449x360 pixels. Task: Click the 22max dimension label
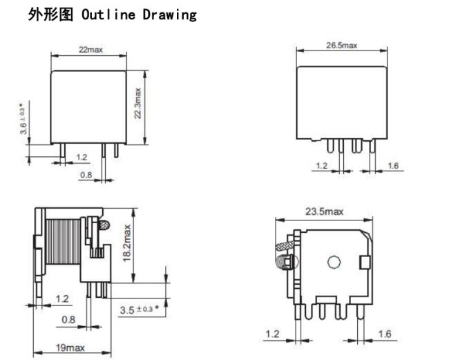[x=90, y=50]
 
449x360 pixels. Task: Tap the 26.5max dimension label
[x=342, y=45]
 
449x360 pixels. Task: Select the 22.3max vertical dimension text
[x=137, y=104]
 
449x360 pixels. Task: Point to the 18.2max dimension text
[x=126, y=243]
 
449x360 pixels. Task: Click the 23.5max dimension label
[x=324, y=211]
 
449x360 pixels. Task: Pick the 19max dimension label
[x=70, y=348]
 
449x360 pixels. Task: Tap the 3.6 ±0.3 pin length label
[x=23, y=119]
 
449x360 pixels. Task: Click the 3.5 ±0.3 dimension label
[x=140, y=310]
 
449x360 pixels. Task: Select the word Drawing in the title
[x=170, y=15]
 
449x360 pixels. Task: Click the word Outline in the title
[x=108, y=15]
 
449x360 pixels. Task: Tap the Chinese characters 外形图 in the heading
[x=50, y=15]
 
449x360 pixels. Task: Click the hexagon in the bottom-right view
[x=334, y=262]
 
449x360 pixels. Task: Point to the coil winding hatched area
[x=63, y=242]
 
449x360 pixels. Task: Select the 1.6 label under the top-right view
[x=393, y=166]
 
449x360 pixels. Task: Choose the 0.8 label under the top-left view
[x=86, y=175]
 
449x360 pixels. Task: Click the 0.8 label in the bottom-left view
[x=68, y=320]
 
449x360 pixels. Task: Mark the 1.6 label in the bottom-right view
[x=385, y=334]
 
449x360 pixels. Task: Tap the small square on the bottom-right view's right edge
[x=365, y=262]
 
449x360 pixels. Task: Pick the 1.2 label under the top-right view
[x=321, y=166]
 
